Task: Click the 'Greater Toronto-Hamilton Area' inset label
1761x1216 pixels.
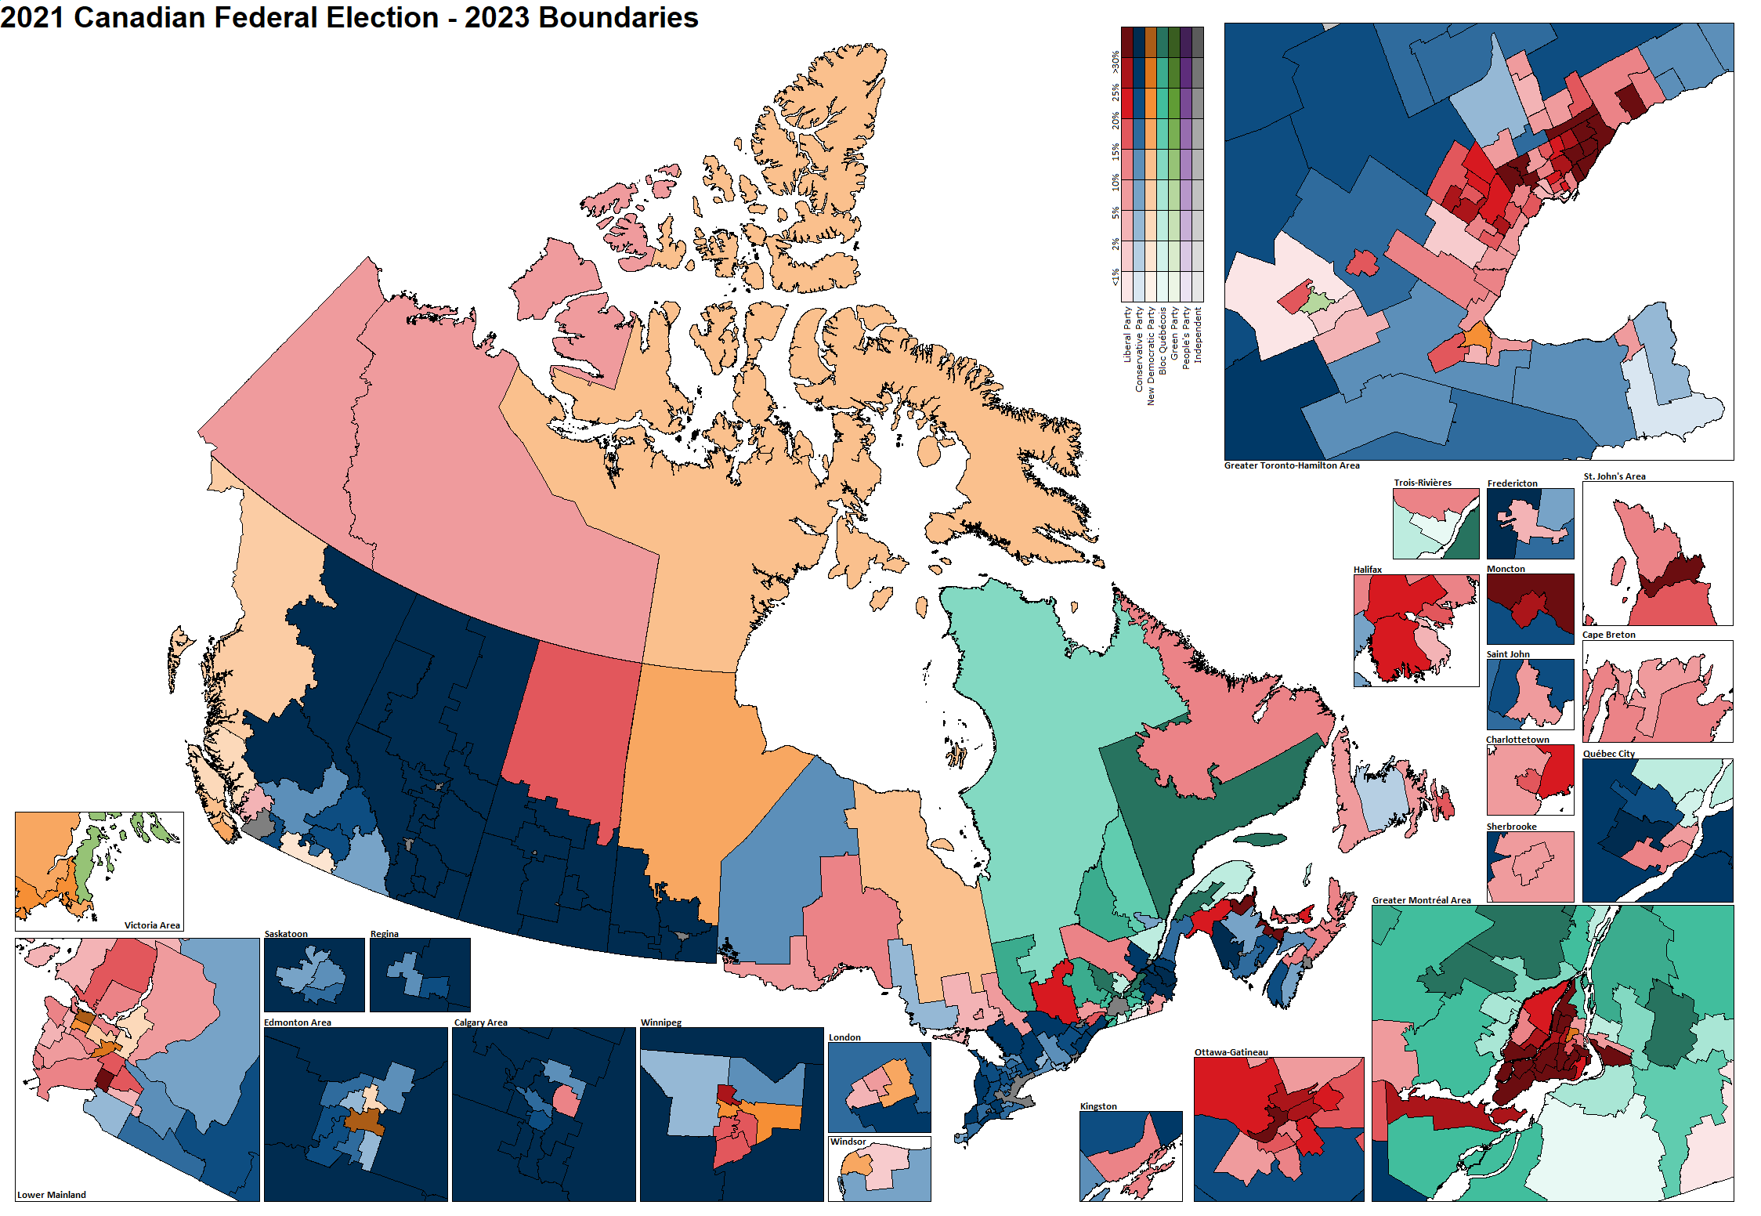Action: click(x=1292, y=465)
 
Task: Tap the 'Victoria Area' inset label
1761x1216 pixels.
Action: click(x=152, y=925)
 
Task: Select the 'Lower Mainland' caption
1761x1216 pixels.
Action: click(x=52, y=1195)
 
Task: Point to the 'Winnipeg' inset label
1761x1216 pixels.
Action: click(x=661, y=1022)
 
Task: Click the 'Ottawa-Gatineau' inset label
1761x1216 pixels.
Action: click(x=1231, y=1052)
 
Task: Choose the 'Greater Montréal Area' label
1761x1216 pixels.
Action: click(x=1421, y=900)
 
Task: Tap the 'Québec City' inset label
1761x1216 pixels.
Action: click(x=1609, y=754)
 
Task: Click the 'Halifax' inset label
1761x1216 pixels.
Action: click(x=1368, y=570)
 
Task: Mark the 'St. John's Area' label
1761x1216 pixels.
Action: click(x=1615, y=476)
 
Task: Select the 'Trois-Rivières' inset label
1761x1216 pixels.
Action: click(x=1423, y=483)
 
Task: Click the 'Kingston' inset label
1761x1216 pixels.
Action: click(x=1098, y=1106)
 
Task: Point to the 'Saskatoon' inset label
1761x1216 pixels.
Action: click(x=286, y=934)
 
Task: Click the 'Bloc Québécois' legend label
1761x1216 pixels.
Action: click(x=1163, y=341)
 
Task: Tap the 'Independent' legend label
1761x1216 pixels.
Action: click(x=1198, y=335)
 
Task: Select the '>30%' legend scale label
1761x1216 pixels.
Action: click(x=1115, y=63)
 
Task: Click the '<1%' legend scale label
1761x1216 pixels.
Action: click(x=1115, y=277)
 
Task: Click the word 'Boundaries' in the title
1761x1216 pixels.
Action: click(x=619, y=17)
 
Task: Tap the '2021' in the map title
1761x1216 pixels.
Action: click(x=32, y=17)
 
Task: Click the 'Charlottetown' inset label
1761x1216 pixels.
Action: click(x=1517, y=740)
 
